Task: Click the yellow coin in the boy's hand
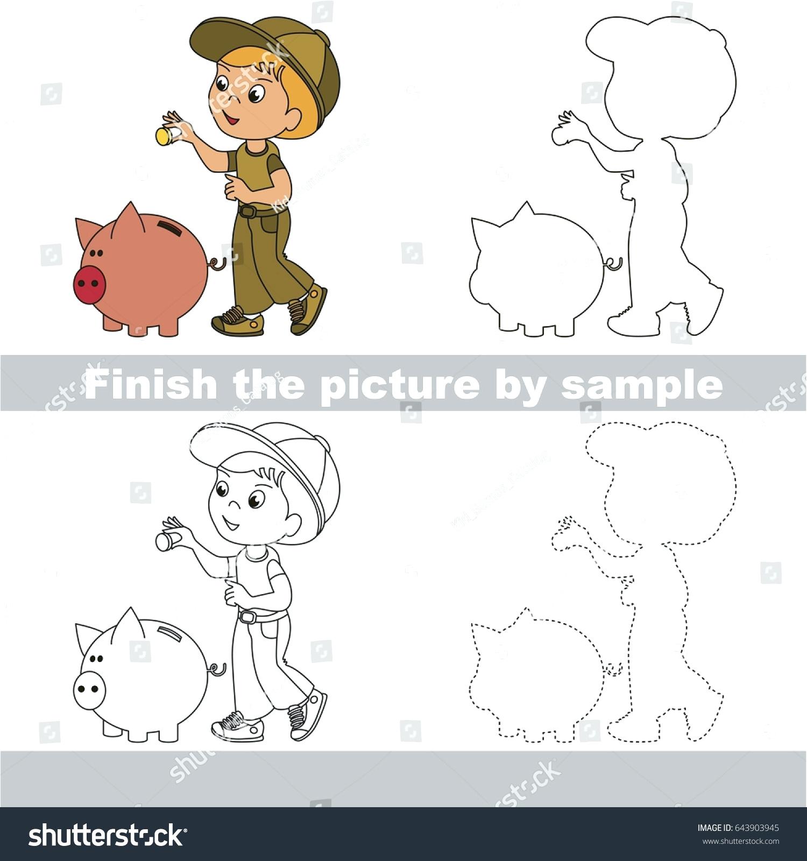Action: [162, 136]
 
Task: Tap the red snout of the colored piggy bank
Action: [89, 284]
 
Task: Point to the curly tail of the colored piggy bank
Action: [217, 263]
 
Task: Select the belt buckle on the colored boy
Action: [246, 211]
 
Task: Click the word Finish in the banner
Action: [150, 383]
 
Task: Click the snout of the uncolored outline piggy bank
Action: [89, 689]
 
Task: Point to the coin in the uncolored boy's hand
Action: [162, 541]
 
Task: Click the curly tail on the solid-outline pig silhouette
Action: [614, 264]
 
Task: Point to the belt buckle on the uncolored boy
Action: [246, 617]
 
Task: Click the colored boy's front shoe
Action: [238, 322]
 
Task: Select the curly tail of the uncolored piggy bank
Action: [217, 669]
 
